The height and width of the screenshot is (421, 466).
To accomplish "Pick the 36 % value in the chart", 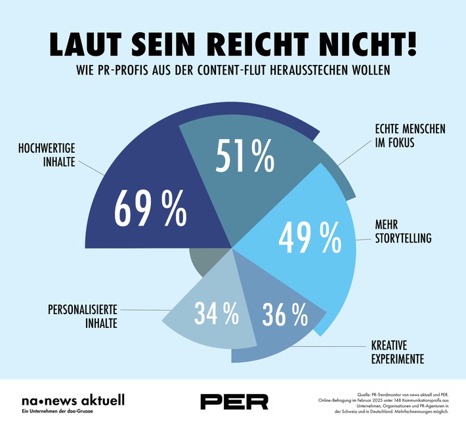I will [284, 315].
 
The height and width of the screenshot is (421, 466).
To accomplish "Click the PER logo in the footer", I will [234, 401].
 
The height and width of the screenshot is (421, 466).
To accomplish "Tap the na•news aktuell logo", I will [72, 399].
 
